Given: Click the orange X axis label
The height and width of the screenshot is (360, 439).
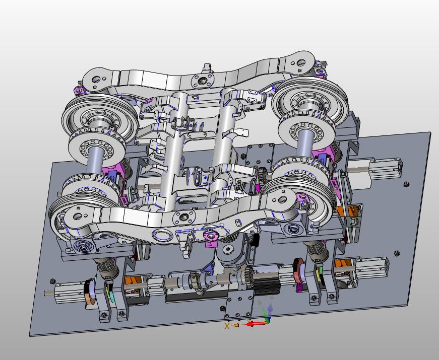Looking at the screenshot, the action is tap(227, 326).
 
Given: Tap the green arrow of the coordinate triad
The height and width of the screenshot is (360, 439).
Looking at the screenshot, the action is tap(264, 314).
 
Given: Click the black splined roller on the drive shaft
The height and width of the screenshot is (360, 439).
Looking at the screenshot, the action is tap(266, 283).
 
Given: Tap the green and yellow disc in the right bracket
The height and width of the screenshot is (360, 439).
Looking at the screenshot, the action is tap(319, 273).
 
